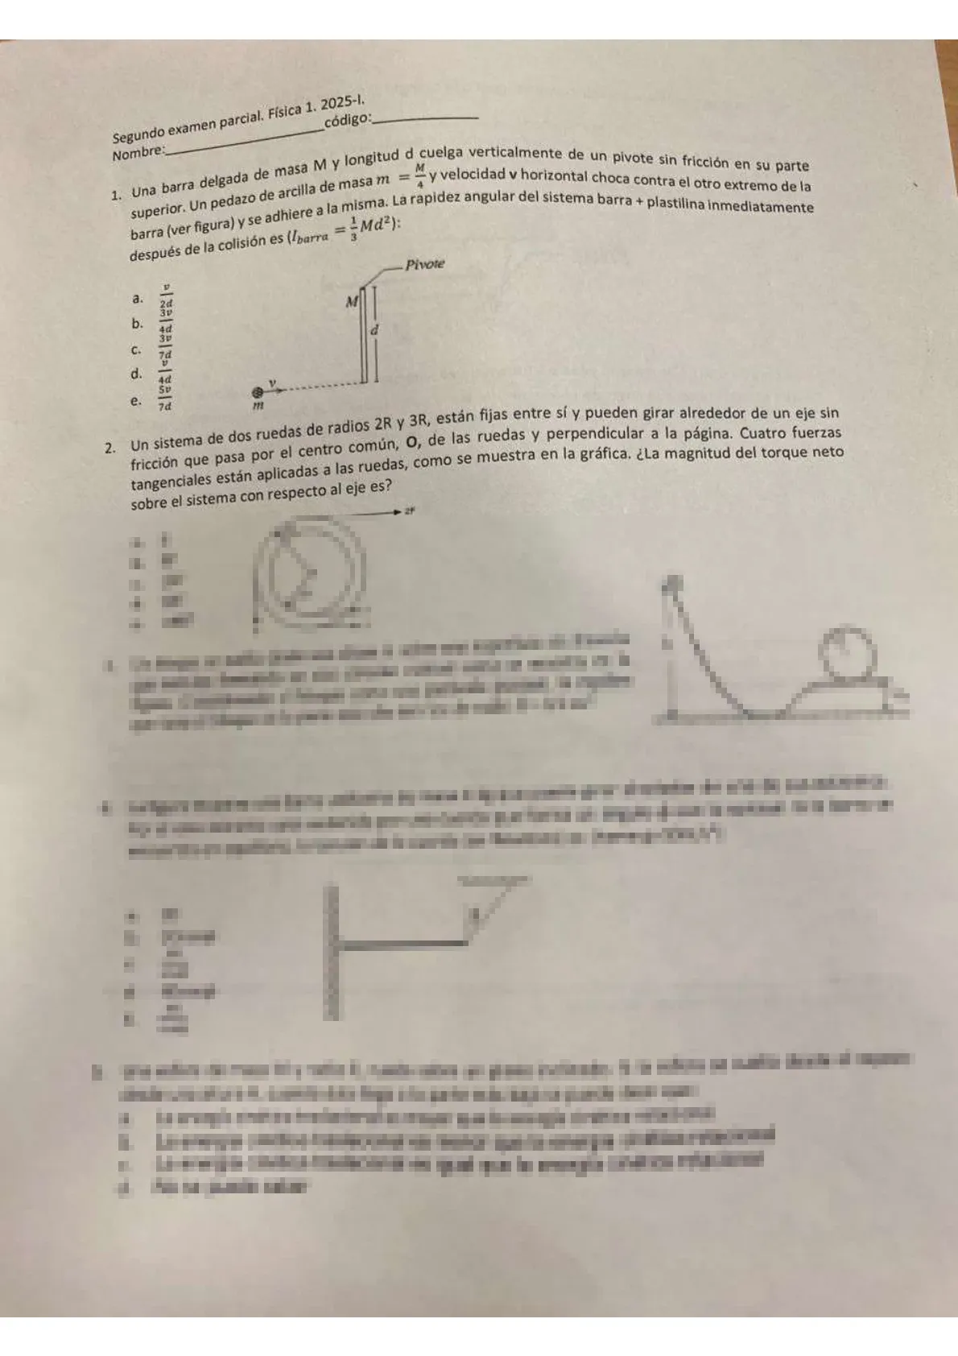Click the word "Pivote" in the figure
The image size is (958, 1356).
point(424,264)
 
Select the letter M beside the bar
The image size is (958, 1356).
point(351,303)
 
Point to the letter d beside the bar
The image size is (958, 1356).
point(374,330)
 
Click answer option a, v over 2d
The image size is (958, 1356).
point(166,296)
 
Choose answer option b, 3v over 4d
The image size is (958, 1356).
point(165,321)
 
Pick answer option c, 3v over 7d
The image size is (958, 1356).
point(165,347)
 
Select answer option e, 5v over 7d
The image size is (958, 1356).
point(165,399)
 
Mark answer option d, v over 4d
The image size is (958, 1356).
point(165,373)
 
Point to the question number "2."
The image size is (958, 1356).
point(113,446)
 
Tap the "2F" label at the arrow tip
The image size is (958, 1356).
point(409,511)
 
